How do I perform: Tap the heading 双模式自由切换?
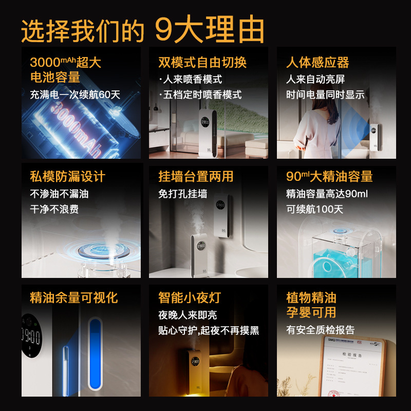[x=202, y=63]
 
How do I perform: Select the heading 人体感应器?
[x=317, y=63]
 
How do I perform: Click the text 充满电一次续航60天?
[x=75, y=95]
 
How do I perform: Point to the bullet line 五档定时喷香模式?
[x=200, y=95]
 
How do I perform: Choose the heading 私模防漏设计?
[x=68, y=177]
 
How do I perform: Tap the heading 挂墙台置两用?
[x=196, y=177]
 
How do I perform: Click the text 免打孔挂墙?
[x=183, y=194]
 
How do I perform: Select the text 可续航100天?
[x=314, y=210]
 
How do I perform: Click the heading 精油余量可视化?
[x=74, y=297]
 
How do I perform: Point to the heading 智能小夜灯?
[x=190, y=297]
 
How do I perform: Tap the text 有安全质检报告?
[x=320, y=330]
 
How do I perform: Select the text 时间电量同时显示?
[x=325, y=95]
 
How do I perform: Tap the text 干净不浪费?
[x=54, y=210]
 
